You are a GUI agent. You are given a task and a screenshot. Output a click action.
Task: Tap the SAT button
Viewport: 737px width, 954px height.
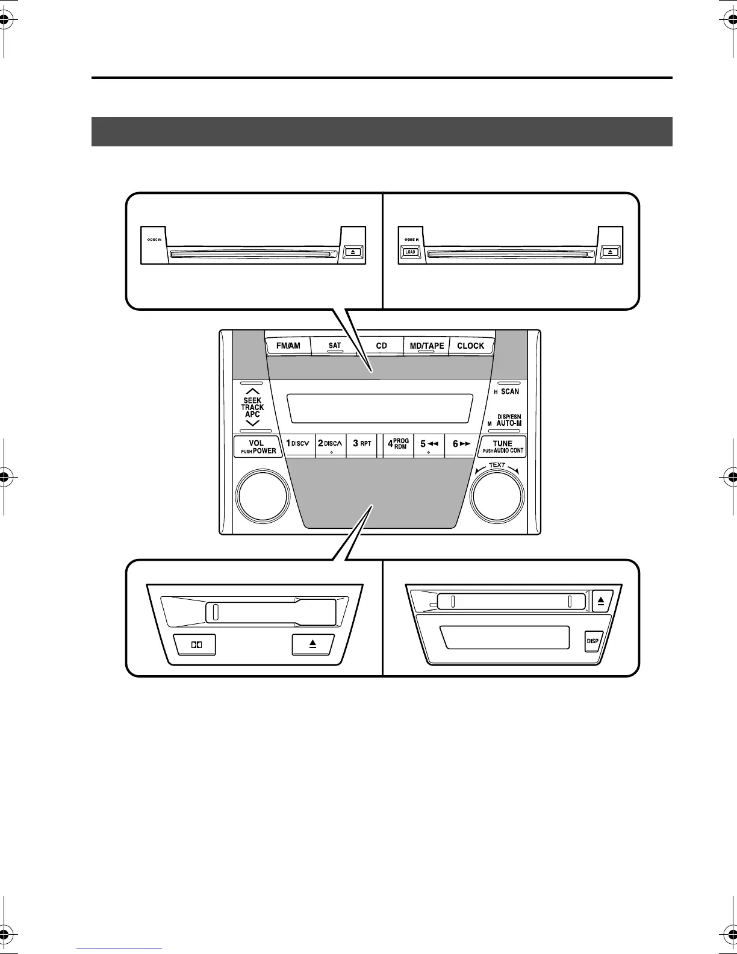pos(334,346)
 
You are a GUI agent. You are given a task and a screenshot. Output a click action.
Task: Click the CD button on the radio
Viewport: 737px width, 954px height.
pos(381,346)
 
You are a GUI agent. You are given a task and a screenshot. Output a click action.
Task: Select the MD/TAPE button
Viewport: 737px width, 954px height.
pos(426,346)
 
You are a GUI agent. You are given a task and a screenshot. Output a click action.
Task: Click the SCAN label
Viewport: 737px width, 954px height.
pos(509,391)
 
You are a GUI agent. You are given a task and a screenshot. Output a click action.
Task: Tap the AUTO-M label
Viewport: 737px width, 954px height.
pos(509,423)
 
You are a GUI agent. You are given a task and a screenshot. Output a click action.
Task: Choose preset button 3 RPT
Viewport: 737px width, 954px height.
pos(362,443)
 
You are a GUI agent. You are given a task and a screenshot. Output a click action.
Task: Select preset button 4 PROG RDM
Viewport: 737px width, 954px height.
pos(398,444)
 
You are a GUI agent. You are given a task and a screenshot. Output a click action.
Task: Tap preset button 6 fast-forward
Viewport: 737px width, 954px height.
pos(461,444)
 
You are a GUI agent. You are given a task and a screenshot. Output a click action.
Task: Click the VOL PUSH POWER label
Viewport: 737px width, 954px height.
pos(258,447)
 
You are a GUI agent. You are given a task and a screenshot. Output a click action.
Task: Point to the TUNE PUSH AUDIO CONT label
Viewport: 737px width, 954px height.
pos(503,447)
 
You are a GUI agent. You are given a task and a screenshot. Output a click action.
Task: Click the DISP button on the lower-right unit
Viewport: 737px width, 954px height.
pos(592,641)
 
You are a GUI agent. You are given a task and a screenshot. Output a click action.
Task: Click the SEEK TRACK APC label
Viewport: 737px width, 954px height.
pos(252,407)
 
